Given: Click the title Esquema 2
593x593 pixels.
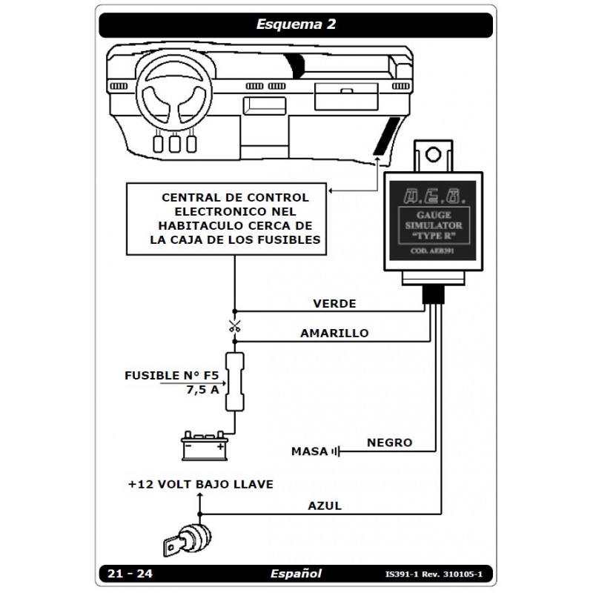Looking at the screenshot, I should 296,24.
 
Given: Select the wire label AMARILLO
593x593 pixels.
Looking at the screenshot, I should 334,334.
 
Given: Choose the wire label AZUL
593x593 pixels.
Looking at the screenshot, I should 325,506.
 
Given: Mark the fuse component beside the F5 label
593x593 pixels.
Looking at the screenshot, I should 235,384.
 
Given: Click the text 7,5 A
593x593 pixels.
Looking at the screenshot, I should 202,390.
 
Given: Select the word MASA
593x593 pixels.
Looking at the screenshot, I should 310,451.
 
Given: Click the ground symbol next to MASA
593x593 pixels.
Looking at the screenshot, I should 338,451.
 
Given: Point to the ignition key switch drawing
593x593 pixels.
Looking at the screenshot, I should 185,537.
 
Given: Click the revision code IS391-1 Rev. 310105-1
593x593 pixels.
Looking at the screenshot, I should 439,574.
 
